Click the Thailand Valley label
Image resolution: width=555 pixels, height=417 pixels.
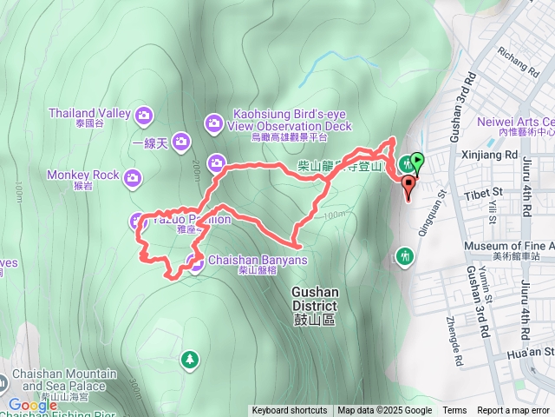point(88,113)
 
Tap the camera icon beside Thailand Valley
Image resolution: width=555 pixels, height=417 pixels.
point(144,114)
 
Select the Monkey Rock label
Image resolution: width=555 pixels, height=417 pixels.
point(83,175)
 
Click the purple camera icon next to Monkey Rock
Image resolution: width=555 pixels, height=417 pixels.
point(132,178)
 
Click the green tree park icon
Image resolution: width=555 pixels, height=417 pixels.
point(189,358)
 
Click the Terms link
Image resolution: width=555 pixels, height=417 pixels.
point(454,411)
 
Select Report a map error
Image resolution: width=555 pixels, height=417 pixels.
point(514,411)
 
